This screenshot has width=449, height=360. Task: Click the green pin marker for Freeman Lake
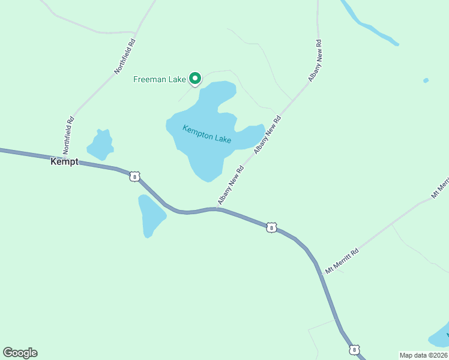coord(195,78)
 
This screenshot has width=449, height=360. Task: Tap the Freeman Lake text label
coord(160,79)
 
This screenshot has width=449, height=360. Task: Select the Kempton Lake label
coord(207,134)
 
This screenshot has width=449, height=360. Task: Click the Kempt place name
coord(64,162)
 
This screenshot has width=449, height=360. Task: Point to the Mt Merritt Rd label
coord(342,261)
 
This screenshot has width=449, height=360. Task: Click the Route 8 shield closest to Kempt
coord(135,176)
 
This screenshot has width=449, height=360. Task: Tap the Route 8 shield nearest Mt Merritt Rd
coord(272,227)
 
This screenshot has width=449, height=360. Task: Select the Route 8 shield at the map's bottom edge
coord(355,349)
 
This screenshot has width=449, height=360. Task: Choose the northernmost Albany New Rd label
coord(316,61)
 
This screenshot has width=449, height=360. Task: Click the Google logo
coord(20,353)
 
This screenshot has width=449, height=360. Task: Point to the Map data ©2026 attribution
coord(423,355)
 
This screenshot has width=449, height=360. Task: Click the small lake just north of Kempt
coord(101,145)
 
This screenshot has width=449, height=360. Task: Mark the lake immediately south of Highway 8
coord(150,215)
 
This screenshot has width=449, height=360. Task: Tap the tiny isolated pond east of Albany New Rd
coord(426,80)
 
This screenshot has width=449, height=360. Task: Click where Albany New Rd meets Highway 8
coord(216,209)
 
